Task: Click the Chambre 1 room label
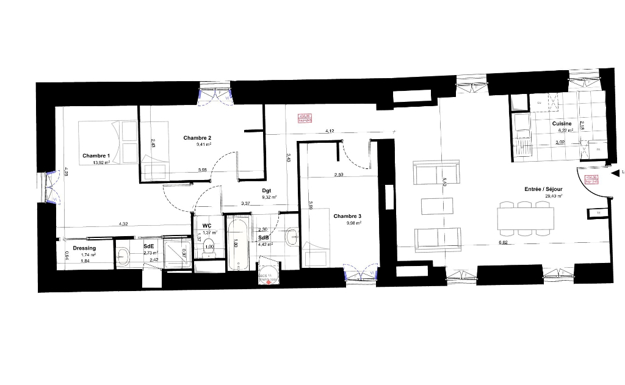96,155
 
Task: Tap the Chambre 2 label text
197,137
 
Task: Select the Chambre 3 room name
347,215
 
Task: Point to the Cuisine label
562,123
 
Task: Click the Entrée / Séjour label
543,189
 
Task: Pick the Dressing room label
84,248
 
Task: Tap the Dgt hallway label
267,190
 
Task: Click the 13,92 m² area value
101,163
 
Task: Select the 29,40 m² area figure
554,196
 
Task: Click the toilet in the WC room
210,247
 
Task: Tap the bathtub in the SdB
238,245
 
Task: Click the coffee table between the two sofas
436,206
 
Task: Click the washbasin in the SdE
123,254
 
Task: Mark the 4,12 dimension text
330,131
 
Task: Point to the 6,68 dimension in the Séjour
503,243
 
